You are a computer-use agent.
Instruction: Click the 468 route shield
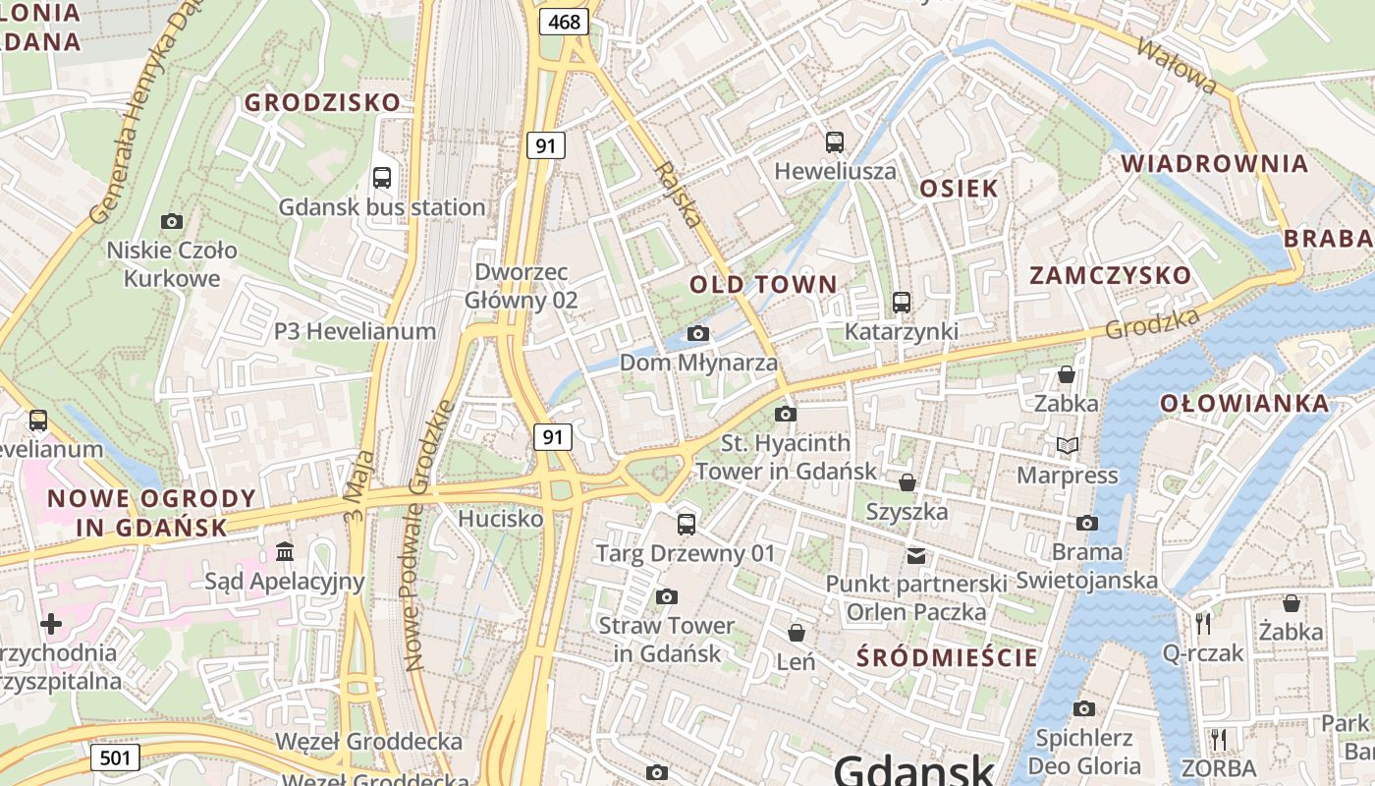click(x=565, y=21)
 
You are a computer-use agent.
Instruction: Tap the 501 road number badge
click(x=115, y=758)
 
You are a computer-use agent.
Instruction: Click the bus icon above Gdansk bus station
click(x=382, y=178)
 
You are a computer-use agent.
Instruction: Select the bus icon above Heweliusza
click(x=835, y=142)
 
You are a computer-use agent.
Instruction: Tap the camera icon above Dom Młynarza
click(x=698, y=334)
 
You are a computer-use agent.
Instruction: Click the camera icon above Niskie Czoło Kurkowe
click(x=172, y=221)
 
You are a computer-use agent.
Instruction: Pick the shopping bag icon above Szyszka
click(x=907, y=482)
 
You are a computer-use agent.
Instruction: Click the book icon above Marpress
click(x=1068, y=446)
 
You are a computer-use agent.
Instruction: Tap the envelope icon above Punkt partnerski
click(x=916, y=556)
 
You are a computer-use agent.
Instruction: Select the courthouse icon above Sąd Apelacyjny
click(x=285, y=551)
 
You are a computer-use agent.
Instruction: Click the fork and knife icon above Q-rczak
click(x=1203, y=623)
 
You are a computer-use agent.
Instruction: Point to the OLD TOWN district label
click(x=763, y=285)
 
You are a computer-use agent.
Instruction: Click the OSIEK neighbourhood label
click(x=959, y=189)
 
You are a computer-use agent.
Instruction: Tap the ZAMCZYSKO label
click(x=1110, y=275)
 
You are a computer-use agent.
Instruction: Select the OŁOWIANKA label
click(x=1244, y=403)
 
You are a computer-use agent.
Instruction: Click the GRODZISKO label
click(x=323, y=102)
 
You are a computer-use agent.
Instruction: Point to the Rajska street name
click(x=679, y=195)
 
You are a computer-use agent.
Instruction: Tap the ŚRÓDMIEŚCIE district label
click(x=947, y=657)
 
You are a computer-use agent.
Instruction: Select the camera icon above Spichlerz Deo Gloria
click(x=1084, y=708)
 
